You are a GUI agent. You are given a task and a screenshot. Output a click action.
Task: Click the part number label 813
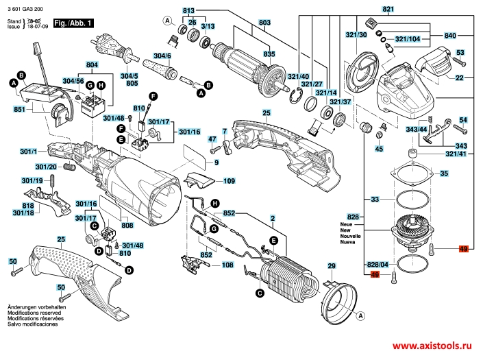(188, 10)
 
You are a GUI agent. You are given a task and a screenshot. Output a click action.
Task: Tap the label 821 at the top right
(388, 10)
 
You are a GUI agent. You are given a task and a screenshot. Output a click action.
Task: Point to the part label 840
(450, 34)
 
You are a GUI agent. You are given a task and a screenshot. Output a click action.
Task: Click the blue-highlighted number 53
(460, 53)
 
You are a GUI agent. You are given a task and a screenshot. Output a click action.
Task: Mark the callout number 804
(92, 65)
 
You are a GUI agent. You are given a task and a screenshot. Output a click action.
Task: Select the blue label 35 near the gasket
(443, 174)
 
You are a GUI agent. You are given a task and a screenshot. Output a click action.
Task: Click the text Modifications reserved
(32, 312)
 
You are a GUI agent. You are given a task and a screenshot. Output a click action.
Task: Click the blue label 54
(463, 120)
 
